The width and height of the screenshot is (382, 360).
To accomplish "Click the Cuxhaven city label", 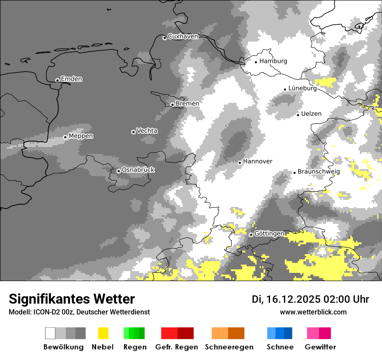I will click(x=183, y=36).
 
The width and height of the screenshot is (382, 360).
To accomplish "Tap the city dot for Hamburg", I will click(x=256, y=62).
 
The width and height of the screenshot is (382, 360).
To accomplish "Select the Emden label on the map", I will click(x=71, y=79).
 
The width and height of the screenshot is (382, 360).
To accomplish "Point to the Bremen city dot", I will click(x=172, y=105).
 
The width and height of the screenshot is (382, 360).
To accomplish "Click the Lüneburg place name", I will click(x=303, y=88).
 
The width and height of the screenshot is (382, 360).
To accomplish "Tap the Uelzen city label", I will click(x=311, y=114).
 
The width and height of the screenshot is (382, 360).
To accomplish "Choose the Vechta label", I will click(x=147, y=131).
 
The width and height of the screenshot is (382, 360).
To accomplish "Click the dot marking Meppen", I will click(x=65, y=137).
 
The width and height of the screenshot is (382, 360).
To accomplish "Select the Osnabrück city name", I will click(x=138, y=170).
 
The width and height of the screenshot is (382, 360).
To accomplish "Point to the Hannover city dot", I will click(x=240, y=163).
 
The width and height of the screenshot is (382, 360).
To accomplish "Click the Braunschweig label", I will click(x=319, y=171).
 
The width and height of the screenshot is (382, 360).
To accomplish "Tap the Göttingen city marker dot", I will click(x=251, y=235).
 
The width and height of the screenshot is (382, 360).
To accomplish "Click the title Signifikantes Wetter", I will click(x=72, y=299).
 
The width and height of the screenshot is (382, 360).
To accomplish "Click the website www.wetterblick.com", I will click(x=313, y=312).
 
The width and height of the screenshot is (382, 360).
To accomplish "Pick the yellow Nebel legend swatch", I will click(x=103, y=333).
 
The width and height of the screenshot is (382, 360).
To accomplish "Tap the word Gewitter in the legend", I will click(x=320, y=347).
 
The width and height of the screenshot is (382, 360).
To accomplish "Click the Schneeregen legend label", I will click(x=229, y=347).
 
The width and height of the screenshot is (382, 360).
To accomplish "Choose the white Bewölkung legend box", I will click(x=50, y=333).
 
